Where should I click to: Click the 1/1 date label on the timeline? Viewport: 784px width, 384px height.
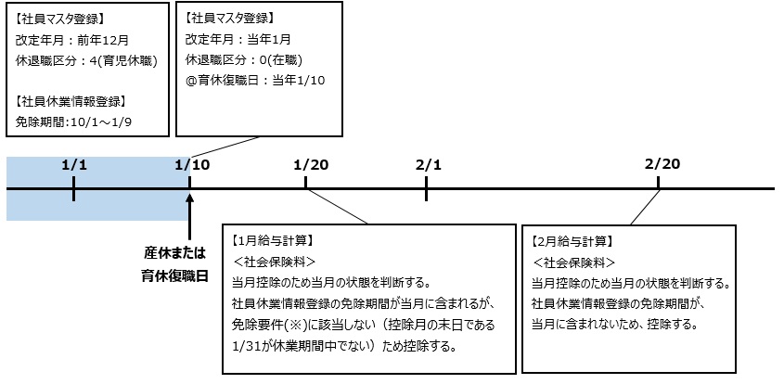(74, 165)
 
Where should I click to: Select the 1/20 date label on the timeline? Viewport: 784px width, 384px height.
(310, 165)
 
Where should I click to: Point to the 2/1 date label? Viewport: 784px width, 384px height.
(427, 165)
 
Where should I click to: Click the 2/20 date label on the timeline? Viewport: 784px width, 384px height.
(662, 164)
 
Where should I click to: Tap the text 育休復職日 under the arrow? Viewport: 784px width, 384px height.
(174, 275)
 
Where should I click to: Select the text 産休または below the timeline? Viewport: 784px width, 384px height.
(174, 252)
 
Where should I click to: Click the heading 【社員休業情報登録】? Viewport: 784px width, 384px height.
(72, 100)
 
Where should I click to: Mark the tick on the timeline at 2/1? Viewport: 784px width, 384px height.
(427, 189)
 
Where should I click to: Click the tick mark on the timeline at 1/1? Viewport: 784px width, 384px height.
(74, 189)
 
